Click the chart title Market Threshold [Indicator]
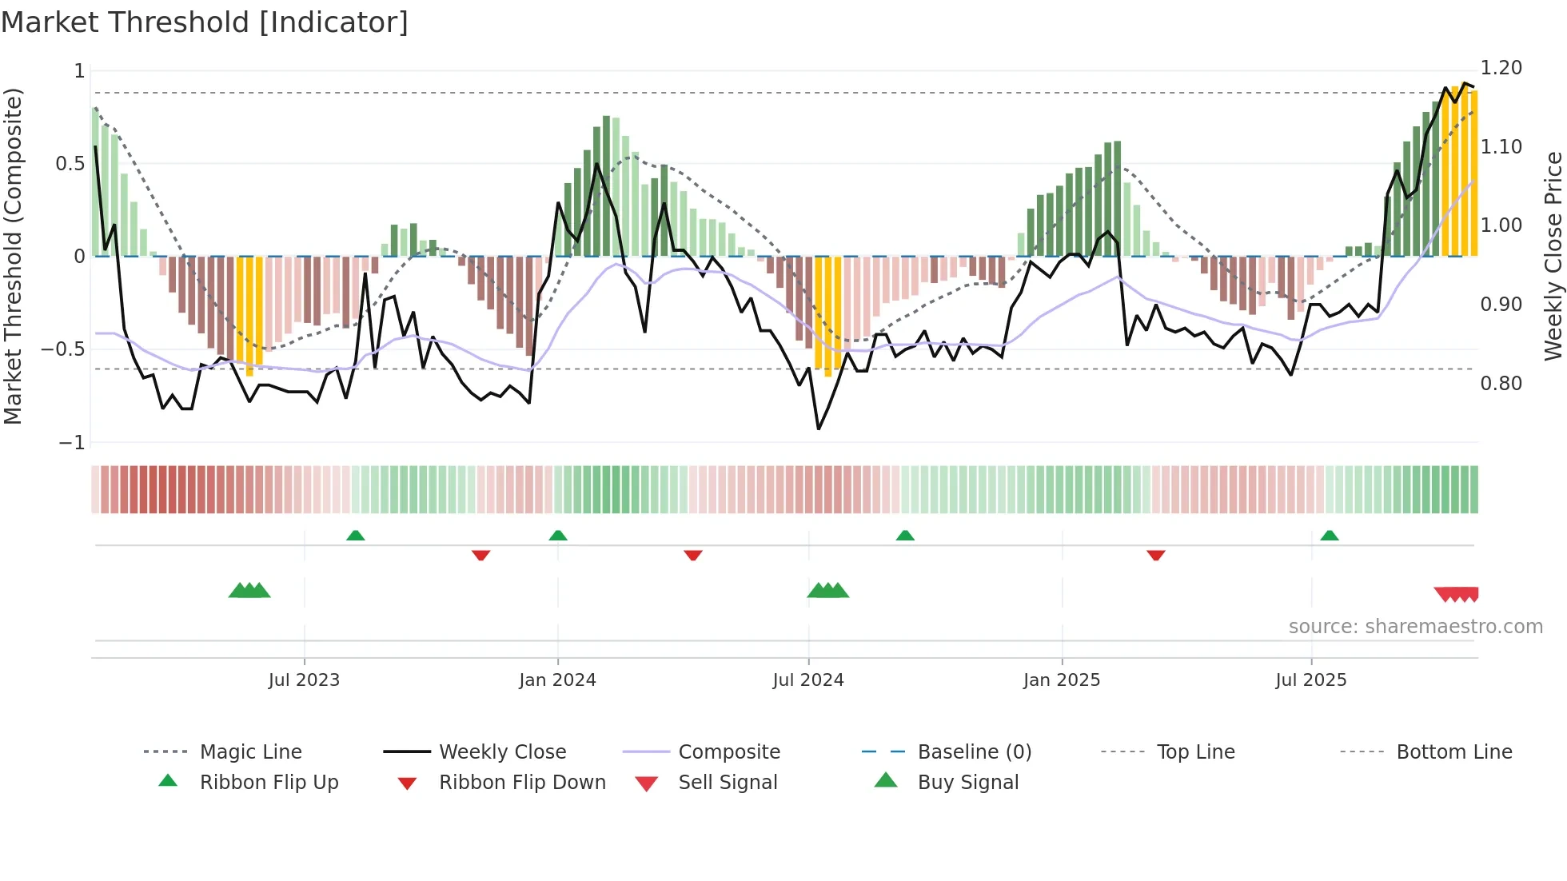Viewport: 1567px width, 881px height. [x=205, y=22]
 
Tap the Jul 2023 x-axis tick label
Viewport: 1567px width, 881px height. [x=304, y=680]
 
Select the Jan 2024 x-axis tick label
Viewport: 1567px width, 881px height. [x=557, y=680]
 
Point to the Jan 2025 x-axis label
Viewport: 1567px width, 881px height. [x=1062, y=680]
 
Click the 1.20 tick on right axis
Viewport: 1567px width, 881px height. [x=1501, y=68]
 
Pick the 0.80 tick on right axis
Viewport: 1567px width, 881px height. [x=1501, y=384]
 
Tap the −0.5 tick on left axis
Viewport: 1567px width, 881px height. [x=63, y=349]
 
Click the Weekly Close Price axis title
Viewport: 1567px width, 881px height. [x=1553, y=256]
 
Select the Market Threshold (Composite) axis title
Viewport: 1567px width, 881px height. [x=13, y=256]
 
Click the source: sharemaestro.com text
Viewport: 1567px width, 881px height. [x=1415, y=627]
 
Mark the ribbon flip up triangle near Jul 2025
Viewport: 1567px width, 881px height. [x=1329, y=536]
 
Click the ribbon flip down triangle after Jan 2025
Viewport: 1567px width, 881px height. [x=1155, y=555]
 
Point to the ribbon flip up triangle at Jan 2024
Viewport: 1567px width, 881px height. [x=558, y=536]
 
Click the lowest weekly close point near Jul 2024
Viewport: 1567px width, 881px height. [x=819, y=429]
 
